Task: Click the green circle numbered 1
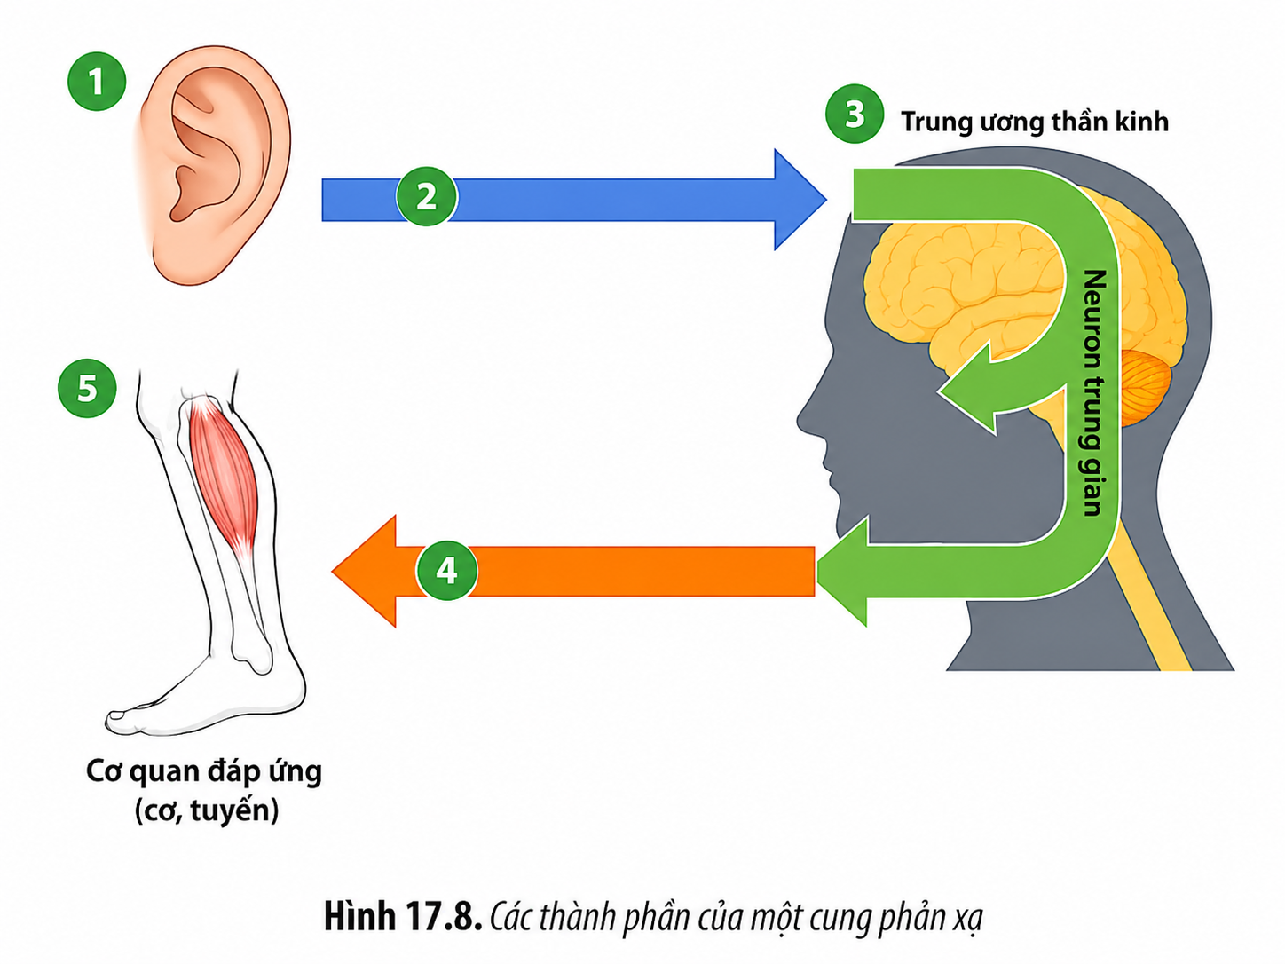coord(97,82)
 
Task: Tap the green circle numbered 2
coord(426,197)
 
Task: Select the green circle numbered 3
coord(854,114)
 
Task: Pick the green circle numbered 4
coord(446,570)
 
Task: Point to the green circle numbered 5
coord(87,388)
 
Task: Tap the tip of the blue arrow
coord(826,200)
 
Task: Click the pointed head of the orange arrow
coord(333,571)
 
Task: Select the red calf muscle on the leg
coord(225,481)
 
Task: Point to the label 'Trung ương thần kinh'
coord(1035,122)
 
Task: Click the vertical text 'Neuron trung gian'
coord(1093,392)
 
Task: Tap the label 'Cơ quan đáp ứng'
coord(204,772)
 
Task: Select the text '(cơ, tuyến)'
coord(207,811)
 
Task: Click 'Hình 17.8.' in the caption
coord(403,917)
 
